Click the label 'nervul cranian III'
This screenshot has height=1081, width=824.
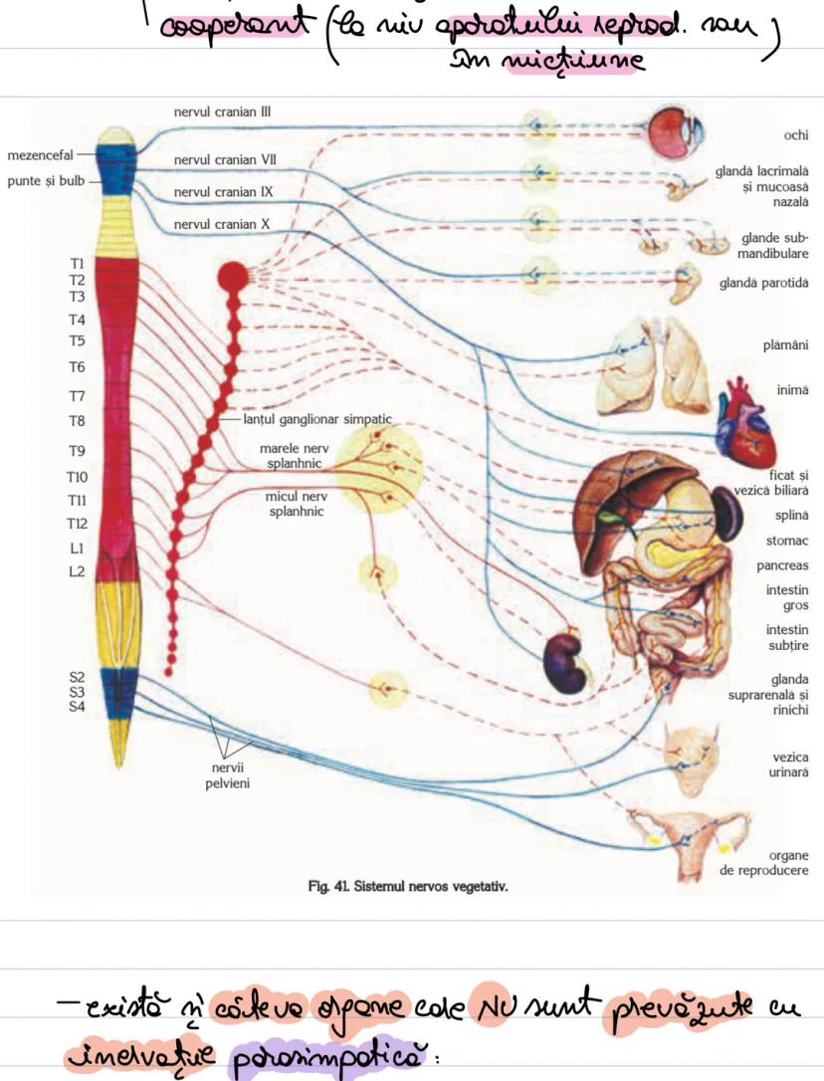coord(222,112)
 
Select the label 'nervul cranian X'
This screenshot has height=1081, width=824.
coord(222,224)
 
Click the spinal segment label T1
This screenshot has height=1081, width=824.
coord(77,263)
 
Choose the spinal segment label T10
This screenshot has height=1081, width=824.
coord(77,477)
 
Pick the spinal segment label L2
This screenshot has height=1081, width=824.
coord(77,571)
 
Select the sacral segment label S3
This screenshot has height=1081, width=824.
coord(77,692)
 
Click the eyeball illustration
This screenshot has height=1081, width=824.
coord(676,132)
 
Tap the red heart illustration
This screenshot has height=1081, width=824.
coord(743,410)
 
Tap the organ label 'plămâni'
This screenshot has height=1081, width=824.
coord(786,345)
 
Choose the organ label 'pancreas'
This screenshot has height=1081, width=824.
coord(786,565)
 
